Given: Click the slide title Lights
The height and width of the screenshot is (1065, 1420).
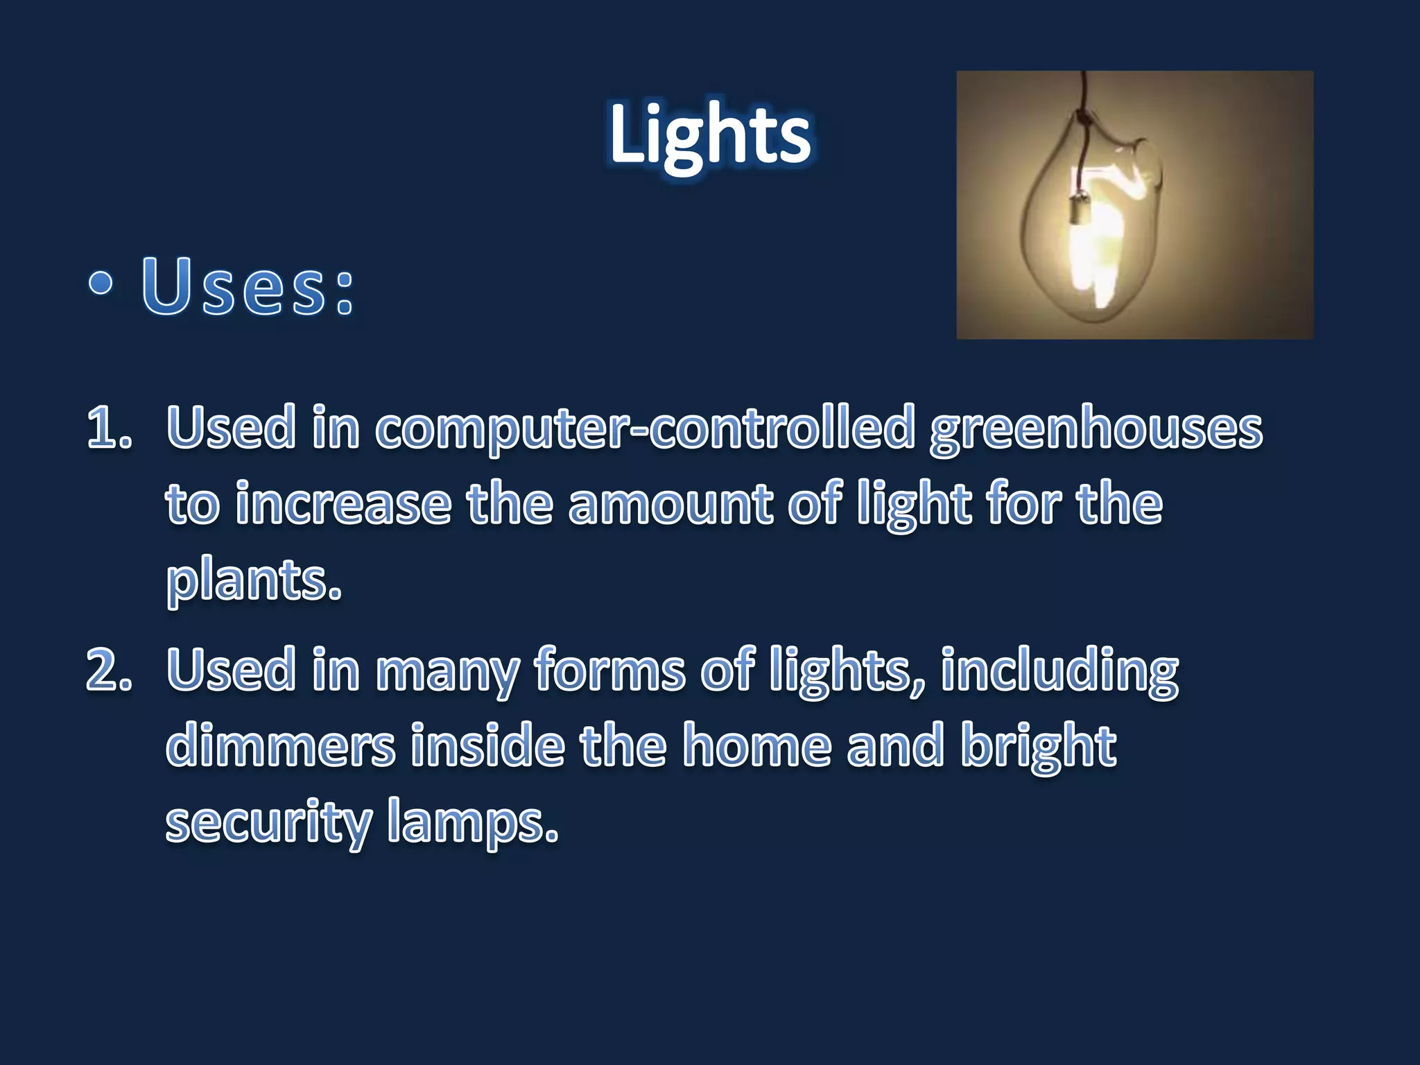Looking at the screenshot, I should click(x=710, y=135).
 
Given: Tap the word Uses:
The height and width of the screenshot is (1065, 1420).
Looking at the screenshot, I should click(x=248, y=286).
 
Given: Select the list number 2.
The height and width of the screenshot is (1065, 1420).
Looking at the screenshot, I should click(x=109, y=670).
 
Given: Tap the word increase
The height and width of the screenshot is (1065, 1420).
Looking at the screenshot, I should click(x=343, y=504).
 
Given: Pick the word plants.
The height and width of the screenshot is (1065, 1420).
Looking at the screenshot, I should click(x=254, y=582).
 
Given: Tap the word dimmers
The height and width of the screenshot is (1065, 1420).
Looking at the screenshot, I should click(x=280, y=746).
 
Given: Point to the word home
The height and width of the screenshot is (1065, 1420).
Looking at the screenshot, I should click(x=757, y=746).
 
